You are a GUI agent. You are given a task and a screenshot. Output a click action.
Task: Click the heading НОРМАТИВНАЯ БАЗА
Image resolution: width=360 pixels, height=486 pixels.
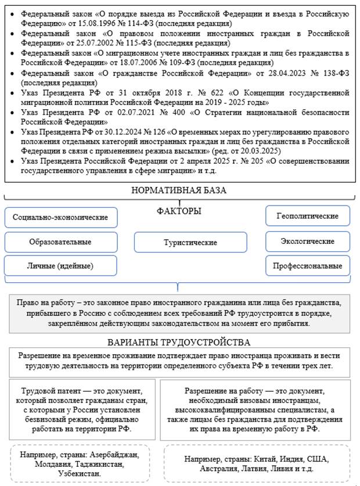pos(179,190)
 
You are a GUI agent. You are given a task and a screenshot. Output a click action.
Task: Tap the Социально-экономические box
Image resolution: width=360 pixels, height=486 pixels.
pos(60,217)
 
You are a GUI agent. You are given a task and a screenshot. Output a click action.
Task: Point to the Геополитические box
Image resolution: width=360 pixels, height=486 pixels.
pos(307,216)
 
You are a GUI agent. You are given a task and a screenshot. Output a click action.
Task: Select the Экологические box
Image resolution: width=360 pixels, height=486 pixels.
pos(307,241)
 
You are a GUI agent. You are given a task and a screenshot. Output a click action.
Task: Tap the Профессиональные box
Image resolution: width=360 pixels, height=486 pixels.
pos(307,266)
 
